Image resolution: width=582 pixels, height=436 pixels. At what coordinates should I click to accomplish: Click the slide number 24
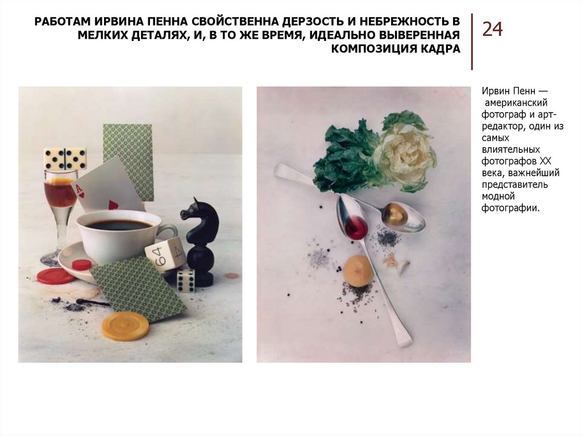pyautogui.click(x=493, y=29)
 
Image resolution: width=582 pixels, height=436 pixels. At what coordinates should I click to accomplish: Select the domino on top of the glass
pyautogui.click(x=65, y=158)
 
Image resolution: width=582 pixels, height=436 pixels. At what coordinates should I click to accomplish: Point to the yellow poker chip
pyautogui.click(x=126, y=326)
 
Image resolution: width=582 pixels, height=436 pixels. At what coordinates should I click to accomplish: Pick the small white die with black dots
pyautogui.click(x=186, y=280)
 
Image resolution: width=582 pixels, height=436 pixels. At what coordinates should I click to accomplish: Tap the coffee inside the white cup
pyautogui.click(x=118, y=225)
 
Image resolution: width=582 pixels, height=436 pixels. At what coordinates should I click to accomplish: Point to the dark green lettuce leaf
pyautogui.click(x=343, y=158)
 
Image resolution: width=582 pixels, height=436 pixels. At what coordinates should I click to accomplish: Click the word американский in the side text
pyautogui.click(x=516, y=102)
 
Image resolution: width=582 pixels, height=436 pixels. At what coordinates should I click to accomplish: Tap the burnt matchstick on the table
pyautogui.click(x=93, y=302)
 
